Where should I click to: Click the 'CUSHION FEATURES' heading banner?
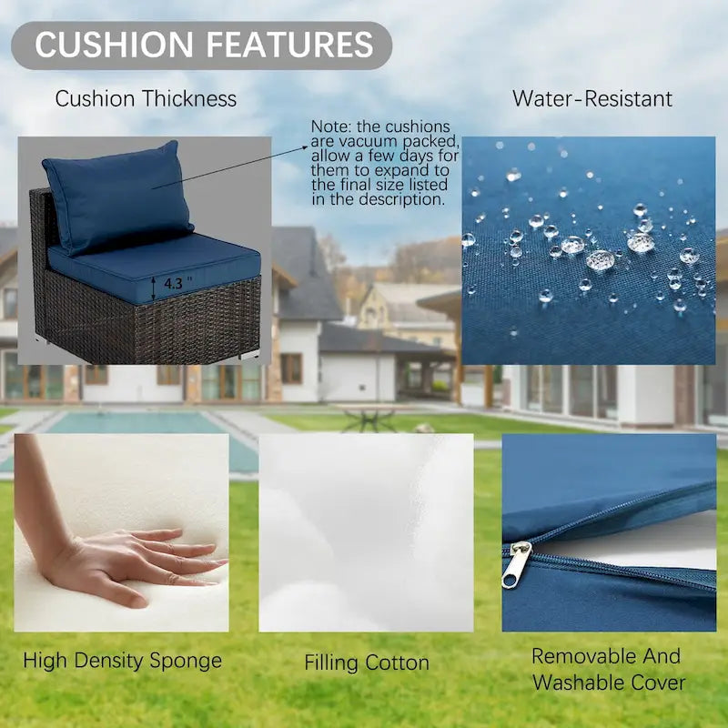coord(201,45)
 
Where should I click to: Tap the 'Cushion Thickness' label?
coord(146,99)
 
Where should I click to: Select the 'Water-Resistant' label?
coord(592,99)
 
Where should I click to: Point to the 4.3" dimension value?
coord(177,283)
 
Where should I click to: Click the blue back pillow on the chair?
coord(118,197)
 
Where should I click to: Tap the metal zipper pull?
coord(516,564)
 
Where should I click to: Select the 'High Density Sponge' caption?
coord(123,661)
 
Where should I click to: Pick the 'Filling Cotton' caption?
coord(367,662)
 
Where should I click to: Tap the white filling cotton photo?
coord(366,532)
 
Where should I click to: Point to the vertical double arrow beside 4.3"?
coord(154,288)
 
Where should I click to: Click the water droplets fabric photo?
coord(589,250)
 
